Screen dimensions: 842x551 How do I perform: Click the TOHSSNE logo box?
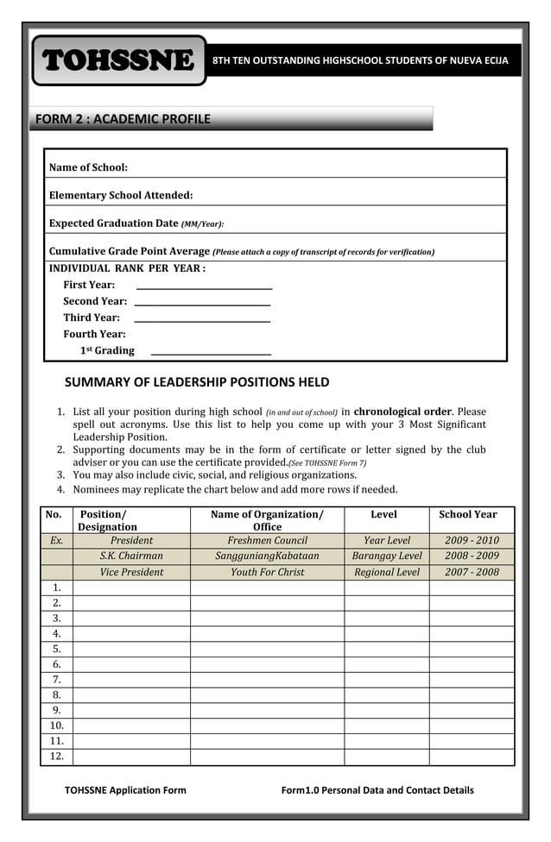pos(119,60)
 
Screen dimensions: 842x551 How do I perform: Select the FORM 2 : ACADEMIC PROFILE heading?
pos(122,119)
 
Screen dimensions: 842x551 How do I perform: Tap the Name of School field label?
pos(88,167)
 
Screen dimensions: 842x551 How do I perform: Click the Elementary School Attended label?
pos(121,196)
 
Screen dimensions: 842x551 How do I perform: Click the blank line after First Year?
pos(205,286)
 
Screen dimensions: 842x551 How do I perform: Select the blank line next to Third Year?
pos(203,319)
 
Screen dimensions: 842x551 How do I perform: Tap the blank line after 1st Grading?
pos(211,352)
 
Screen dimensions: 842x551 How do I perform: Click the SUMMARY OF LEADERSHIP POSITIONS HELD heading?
pos(197,382)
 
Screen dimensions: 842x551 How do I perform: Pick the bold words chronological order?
pos(402,412)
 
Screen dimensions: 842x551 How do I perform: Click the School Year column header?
pos(468,515)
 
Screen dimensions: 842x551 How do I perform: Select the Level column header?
pos(383,515)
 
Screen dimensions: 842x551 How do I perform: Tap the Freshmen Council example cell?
pos(267,541)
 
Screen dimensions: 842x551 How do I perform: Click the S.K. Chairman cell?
pos(131,556)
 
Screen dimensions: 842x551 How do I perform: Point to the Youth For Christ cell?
pos(267,572)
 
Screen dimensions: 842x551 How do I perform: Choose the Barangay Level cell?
pos(387,556)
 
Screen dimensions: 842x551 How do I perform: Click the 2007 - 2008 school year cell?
pos(472,572)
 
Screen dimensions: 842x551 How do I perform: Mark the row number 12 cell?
pos(57,757)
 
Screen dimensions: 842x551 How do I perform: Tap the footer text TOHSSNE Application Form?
pos(125,790)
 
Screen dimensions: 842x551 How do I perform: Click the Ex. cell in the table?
pos(57,541)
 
